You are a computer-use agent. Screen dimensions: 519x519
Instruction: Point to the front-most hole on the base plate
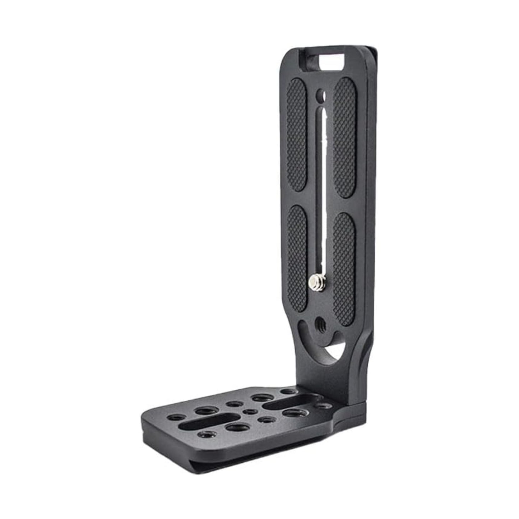tap(207, 444)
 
